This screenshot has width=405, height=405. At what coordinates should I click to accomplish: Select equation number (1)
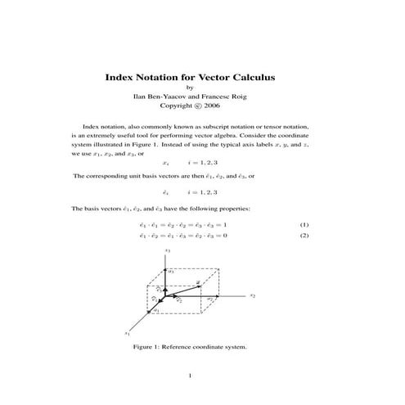(x=304, y=223)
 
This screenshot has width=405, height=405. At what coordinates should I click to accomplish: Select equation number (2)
(x=304, y=236)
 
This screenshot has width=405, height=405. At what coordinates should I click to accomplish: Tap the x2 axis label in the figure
(x=253, y=295)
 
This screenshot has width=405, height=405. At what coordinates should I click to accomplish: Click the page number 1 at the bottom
(x=190, y=376)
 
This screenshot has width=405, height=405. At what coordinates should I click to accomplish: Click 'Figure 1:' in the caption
(x=148, y=346)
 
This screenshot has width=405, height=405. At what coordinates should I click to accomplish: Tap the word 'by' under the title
(x=191, y=88)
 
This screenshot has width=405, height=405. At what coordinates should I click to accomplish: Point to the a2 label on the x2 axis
(x=210, y=299)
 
